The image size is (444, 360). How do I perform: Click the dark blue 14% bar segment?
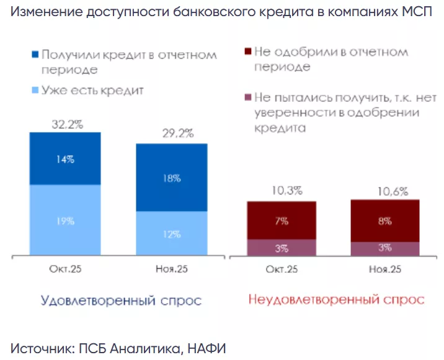tap(64, 159)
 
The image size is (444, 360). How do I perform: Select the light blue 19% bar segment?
tap(64, 221)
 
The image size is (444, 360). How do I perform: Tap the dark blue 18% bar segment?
tap(172, 178)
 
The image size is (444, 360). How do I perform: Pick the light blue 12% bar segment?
tap(172, 234)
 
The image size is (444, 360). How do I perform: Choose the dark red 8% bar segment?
tap(384, 220)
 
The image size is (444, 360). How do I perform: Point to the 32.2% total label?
tap(66, 124)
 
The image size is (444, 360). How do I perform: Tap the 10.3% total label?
tap(282, 191)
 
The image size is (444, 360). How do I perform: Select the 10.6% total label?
tap(386, 191)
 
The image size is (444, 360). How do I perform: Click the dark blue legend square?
tap(35, 55)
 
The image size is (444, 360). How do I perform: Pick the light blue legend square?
tap(35, 90)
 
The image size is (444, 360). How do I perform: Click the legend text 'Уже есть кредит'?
tap(93, 90)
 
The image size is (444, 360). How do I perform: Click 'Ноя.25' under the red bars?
tap(384, 270)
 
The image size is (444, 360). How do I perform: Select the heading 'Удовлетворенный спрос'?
tap(121, 301)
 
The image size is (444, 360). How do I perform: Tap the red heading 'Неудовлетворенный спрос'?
tap(336, 300)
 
